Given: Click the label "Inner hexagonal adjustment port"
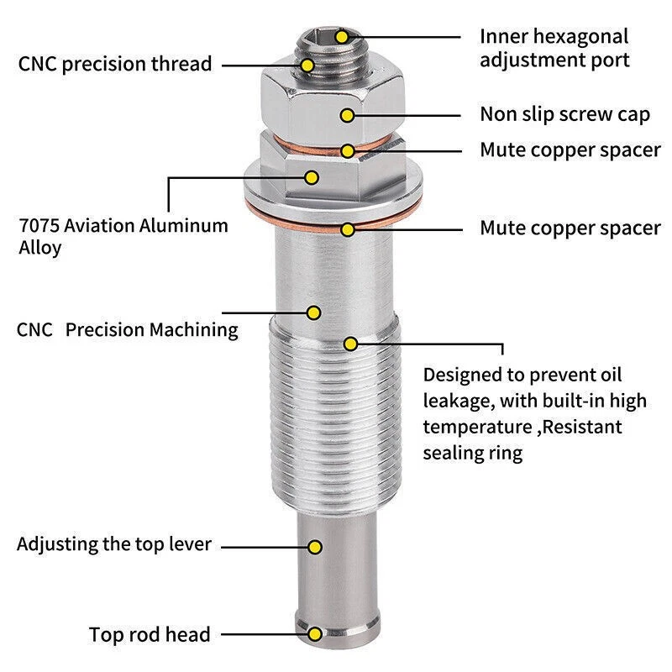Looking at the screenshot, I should pos(554,48).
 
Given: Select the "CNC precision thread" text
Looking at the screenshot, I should pos(114,64).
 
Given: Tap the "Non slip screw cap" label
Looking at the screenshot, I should pos(564,114).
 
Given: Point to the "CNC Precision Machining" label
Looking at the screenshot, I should pos(128,329).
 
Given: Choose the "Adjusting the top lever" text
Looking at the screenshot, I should pos(114,543).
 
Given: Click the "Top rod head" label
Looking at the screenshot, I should pos(150,634).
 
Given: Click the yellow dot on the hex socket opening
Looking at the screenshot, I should pos(341,36).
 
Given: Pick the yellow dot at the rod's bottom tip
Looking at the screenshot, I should pos(315,634).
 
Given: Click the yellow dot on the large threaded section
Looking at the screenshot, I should pos(351,343).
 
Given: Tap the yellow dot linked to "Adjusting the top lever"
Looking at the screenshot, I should pos(315,547).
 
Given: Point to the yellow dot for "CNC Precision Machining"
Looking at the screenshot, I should pos(313,312).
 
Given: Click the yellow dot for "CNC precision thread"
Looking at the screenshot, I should pos(308,64).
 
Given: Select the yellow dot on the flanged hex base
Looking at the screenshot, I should pos(312,177).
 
